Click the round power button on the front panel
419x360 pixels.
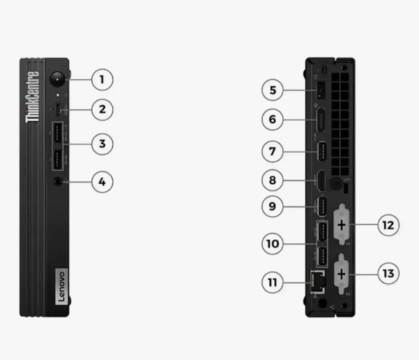point(57,79)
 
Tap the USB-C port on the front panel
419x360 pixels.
point(58,109)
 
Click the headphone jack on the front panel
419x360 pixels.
point(58,181)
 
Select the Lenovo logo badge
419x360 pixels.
point(62,287)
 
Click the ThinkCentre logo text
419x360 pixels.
point(32,97)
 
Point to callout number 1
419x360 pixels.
point(102,80)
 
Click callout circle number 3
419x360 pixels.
point(102,144)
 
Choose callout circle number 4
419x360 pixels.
point(102,182)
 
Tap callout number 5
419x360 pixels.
point(273,90)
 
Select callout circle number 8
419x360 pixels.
point(273,180)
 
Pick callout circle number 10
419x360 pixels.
point(273,243)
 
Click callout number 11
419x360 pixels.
point(273,282)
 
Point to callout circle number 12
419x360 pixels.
point(388,225)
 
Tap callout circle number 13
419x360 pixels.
point(388,274)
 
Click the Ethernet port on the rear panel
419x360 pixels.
point(318,282)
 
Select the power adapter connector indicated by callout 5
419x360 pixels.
point(321,90)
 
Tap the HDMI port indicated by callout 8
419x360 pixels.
point(321,181)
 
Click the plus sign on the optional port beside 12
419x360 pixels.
point(342,225)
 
